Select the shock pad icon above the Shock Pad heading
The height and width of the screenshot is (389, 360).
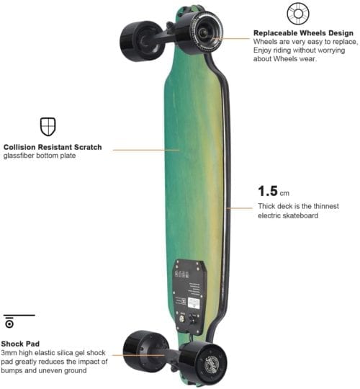point(10,323)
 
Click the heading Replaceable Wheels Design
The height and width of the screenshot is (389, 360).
point(302,33)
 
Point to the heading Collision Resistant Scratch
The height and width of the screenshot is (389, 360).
point(53,147)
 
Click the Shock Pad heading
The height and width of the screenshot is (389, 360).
point(21,344)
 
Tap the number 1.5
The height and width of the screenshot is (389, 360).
point(269,192)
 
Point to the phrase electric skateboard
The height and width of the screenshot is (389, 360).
point(288,215)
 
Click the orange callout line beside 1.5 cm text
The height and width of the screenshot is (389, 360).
point(240,208)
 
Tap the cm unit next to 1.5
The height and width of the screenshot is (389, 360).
point(285,194)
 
